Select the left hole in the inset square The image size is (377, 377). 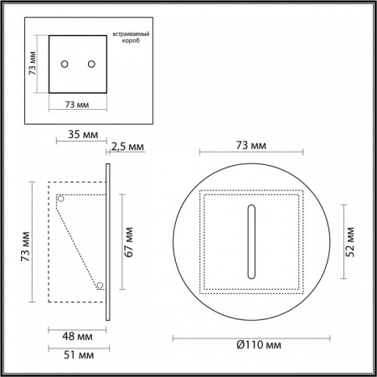click(x=65, y=63)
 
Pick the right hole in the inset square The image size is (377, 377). click(x=90, y=63)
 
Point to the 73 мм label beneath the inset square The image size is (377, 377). click(x=77, y=106)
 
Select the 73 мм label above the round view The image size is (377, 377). click(x=251, y=146)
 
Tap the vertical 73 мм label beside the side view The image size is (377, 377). click(x=26, y=242)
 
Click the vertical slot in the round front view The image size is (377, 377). click(x=250, y=239)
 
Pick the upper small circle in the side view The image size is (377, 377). click(x=60, y=199)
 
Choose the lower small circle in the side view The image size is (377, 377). click(x=100, y=286)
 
